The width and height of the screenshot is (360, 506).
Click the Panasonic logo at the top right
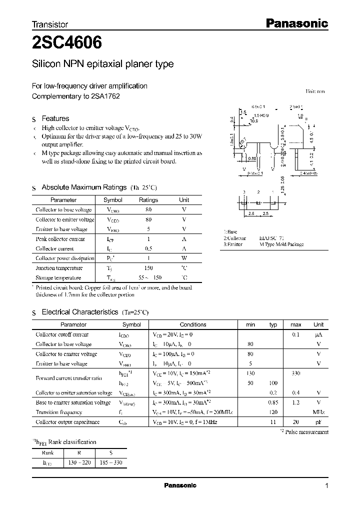pyautogui.click(x=296, y=23)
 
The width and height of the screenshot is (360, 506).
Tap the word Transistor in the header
pyautogui.click(x=49, y=24)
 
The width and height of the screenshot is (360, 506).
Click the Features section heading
pyautogui.click(x=55, y=118)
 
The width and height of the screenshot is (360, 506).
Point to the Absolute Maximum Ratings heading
pyautogui.click(x=83, y=187)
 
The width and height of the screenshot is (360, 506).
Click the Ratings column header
pyautogui.click(x=148, y=200)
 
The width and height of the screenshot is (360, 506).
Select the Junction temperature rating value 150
pyautogui.click(x=148, y=268)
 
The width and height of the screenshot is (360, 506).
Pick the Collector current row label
pyautogui.click(x=54, y=248)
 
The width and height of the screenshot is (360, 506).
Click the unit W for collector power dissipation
pyautogui.click(x=184, y=258)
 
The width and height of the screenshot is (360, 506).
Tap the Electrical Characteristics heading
pyautogui.click(x=79, y=312)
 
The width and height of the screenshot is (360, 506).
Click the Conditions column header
pyautogui.click(x=192, y=324)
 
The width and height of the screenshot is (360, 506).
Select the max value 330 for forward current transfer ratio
pyautogui.click(x=296, y=373)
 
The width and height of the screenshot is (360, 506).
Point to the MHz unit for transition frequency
pyautogui.click(x=318, y=412)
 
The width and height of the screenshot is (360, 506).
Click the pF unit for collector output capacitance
pyautogui.click(x=318, y=422)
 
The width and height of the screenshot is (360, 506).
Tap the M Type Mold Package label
pyautogui.click(x=281, y=244)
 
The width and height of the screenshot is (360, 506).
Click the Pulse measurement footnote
pyautogui.click(x=306, y=432)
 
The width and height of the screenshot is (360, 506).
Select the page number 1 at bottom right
pyautogui.click(x=326, y=486)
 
